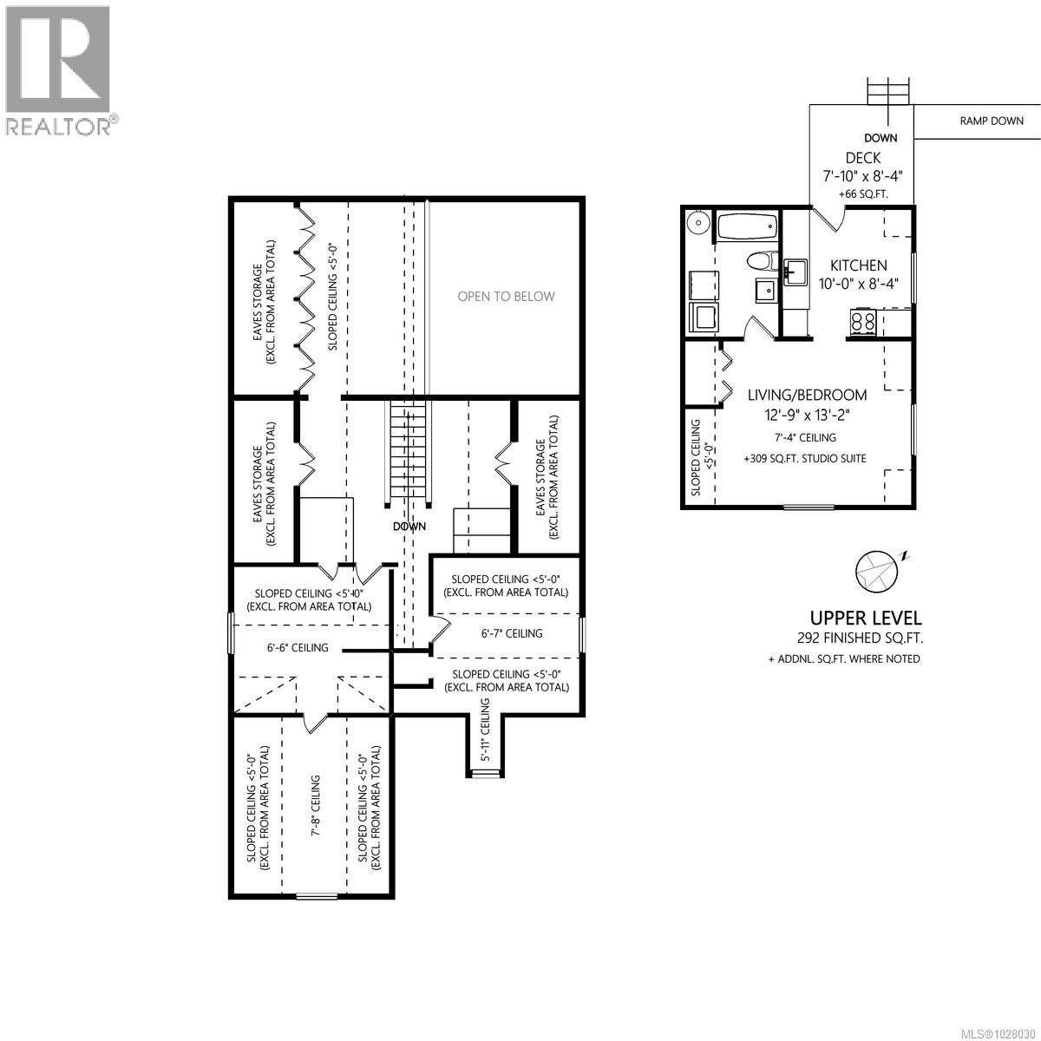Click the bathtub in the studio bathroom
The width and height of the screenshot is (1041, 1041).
tap(745, 227)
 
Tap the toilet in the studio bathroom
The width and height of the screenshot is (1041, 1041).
tap(761, 260)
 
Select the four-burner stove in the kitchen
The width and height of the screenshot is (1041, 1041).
tap(862, 323)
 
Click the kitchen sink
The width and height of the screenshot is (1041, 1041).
tap(795, 272)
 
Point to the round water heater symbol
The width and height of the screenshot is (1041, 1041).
tap(697, 223)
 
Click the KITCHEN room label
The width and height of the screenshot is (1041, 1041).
tap(858, 265)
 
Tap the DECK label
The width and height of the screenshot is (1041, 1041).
tap(862, 158)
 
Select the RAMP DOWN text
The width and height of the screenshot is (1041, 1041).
tap(991, 121)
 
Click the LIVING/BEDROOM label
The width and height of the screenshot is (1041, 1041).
tap(807, 395)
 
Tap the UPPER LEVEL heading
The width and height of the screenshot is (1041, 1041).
tap(865, 618)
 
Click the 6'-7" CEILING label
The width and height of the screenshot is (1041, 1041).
tap(512, 633)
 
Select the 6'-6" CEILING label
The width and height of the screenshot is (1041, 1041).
tap(297, 647)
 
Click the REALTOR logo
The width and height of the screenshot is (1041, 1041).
tap(58, 69)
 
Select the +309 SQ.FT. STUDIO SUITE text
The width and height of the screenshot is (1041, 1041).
tap(804, 458)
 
